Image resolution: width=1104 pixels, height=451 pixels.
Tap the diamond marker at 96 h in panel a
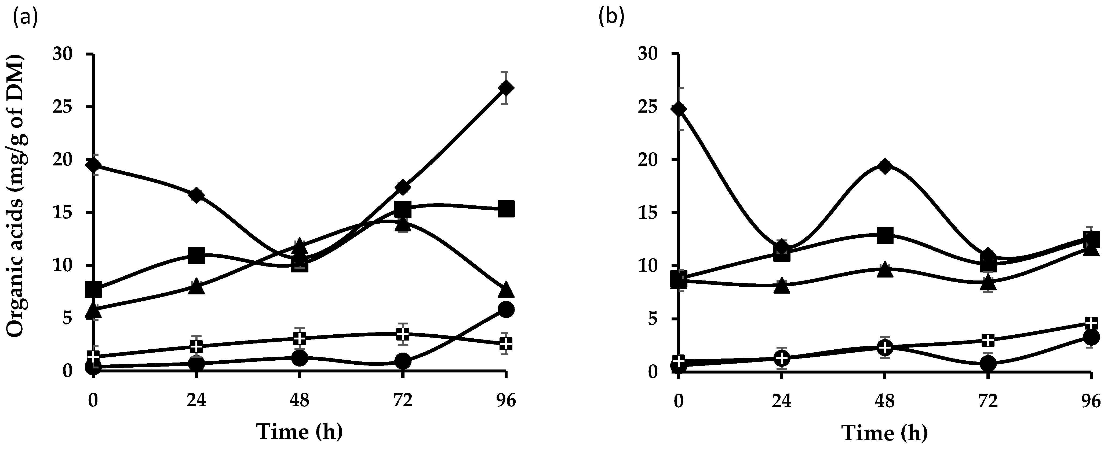pyautogui.click(x=506, y=88)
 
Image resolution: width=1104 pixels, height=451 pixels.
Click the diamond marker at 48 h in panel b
pyautogui.click(x=885, y=166)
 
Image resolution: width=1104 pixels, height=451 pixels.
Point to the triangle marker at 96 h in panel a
pyautogui.click(x=506, y=290)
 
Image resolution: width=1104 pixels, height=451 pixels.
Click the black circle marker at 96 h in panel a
pyautogui.click(x=506, y=309)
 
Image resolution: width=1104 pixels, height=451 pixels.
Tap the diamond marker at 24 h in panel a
pyautogui.click(x=196, y=195)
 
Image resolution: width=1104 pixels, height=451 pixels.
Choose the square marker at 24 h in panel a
pyautogui.click(x=196, y=256)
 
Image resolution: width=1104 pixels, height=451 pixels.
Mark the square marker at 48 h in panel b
pyautogui.click(x=885, y=235)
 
